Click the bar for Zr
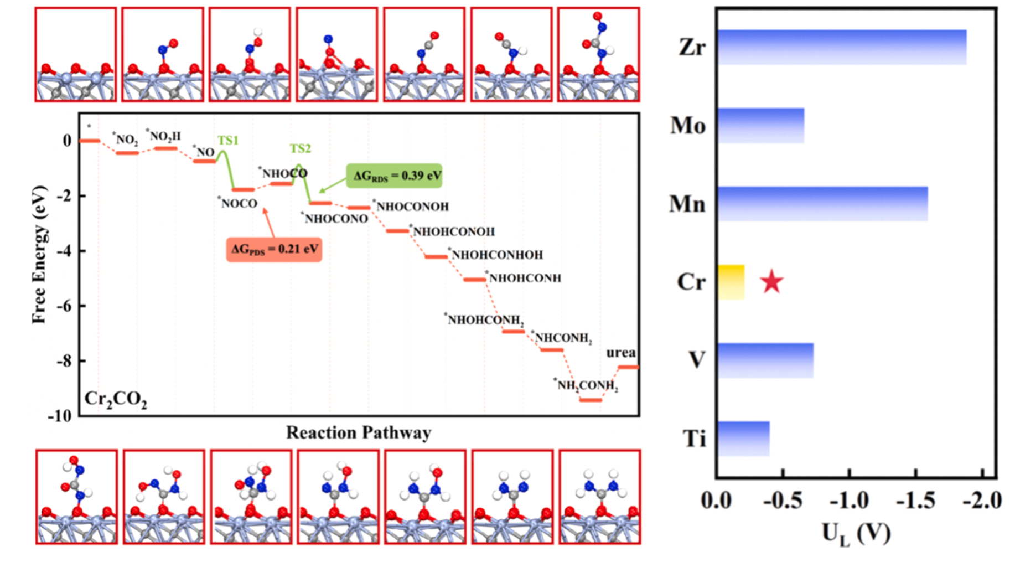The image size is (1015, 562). [842, 47]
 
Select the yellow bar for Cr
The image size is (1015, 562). [731, 282]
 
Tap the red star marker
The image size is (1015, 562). [771, 282]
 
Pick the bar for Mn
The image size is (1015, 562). [822, 204]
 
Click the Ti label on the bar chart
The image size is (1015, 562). [695, 439]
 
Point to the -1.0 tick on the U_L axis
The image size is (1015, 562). [850, 501]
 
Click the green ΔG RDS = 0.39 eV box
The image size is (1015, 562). [393, 176]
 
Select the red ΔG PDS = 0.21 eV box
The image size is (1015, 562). [274, 249]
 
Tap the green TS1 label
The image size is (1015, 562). [227, 141]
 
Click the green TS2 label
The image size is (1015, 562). [301, 148]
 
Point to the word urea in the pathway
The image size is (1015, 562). [621, 353]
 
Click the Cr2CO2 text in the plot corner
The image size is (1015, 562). [116, 399]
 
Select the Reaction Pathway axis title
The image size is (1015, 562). [358, 432]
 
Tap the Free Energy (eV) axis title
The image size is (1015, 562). [39, 255]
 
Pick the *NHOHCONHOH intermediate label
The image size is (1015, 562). [496, 255]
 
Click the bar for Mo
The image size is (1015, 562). [761, 126]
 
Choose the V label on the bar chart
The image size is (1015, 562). [696, 360]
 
